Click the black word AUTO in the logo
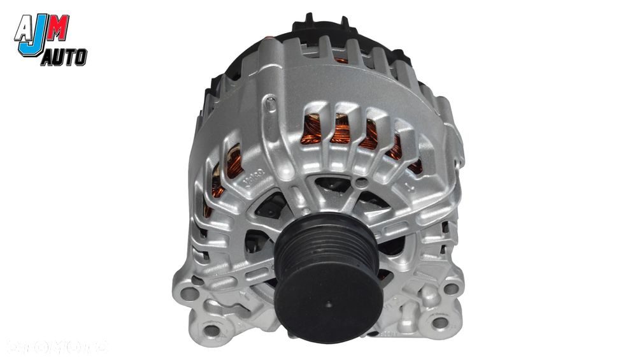pyautogui.click(x=64, y=59)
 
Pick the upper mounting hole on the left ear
pyautogui.click(x=186, y=294)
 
